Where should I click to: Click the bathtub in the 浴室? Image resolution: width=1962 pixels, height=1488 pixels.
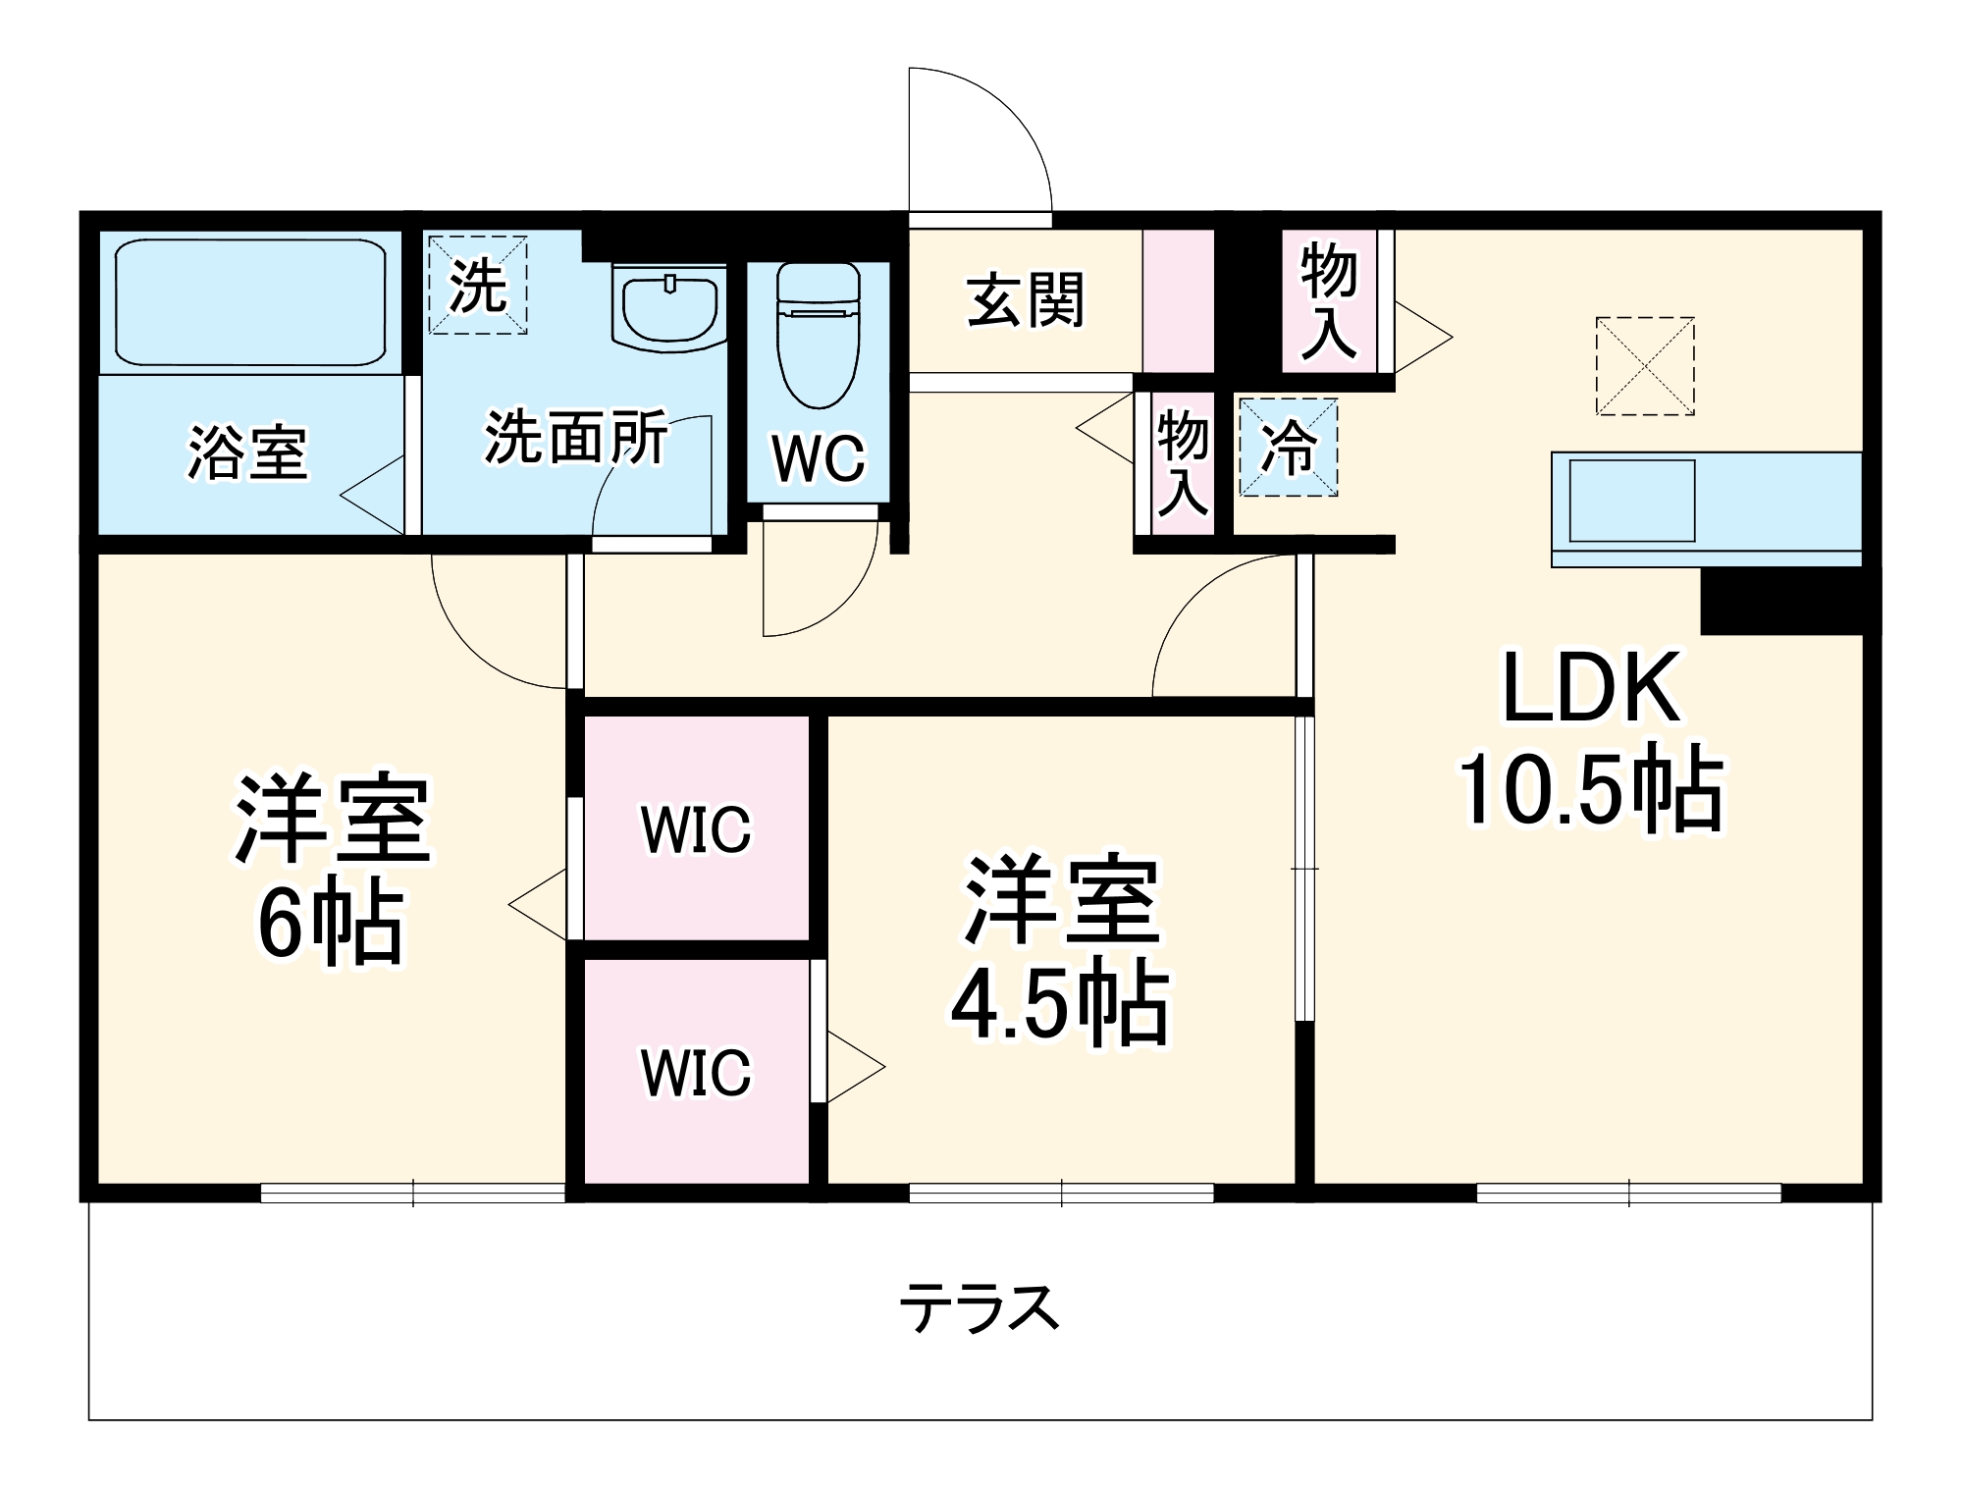(250, 301)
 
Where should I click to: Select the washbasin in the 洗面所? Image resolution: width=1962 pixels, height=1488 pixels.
(669, 305)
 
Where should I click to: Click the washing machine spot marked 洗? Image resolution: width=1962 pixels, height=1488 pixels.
(478, 285)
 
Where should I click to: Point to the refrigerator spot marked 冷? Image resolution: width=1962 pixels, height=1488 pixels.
(1288, 448)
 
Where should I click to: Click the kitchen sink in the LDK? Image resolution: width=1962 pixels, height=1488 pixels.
(1631, 501)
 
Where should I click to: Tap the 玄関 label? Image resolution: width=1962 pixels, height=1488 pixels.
(1025, 301)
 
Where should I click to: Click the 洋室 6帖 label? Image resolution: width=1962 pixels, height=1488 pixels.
(332, 869)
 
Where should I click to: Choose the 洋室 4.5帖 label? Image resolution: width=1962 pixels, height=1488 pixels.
(1061, 950)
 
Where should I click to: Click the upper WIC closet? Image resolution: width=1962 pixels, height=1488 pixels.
(696, 829)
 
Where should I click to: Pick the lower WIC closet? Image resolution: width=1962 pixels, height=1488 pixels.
(696, 1072)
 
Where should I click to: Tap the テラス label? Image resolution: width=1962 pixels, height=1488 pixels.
(979, 1308)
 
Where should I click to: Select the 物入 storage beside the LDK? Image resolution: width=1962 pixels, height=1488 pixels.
(1328, 301)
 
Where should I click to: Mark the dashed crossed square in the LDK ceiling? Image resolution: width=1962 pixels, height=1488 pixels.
(1645, 365)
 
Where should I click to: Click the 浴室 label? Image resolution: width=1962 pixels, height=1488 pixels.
(247, 452)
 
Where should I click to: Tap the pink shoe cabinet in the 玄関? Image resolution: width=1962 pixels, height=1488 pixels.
(1178, 301)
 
